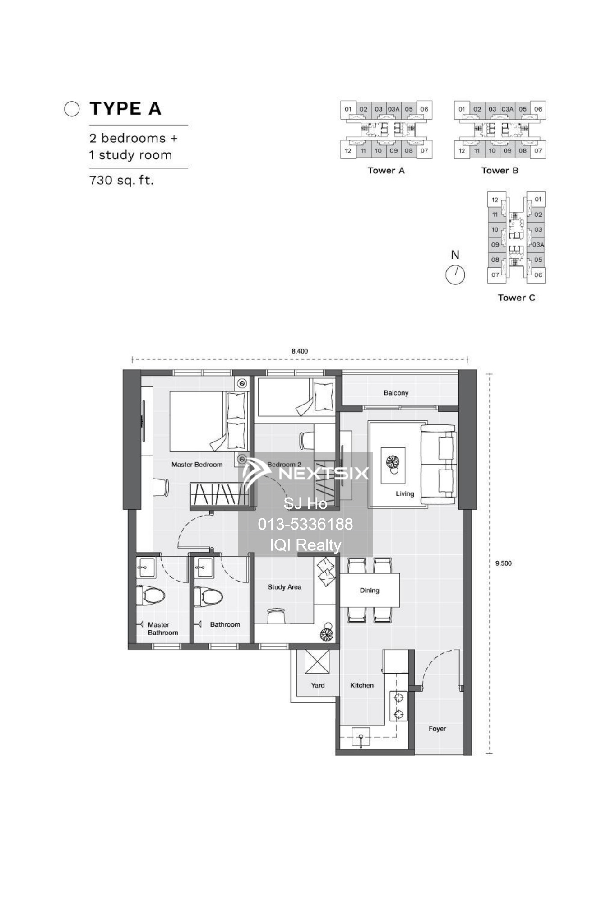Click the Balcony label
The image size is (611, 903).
396,393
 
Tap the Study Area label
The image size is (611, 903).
284,587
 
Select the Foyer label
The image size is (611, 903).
437,728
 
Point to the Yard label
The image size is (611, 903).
318,685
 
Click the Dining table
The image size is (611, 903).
370,590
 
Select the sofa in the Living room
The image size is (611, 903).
439,464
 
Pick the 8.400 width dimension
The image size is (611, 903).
300,351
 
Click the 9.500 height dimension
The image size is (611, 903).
503,563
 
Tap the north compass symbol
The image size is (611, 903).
455,275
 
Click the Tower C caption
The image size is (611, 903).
516,298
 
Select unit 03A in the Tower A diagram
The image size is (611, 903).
393,109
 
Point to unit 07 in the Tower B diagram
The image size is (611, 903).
538,151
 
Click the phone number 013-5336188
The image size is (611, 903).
305,524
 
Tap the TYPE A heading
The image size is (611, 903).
125,109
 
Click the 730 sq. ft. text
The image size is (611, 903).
121,180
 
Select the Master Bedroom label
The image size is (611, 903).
197,465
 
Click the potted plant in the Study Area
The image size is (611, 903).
326,633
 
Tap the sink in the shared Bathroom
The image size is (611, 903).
204,568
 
